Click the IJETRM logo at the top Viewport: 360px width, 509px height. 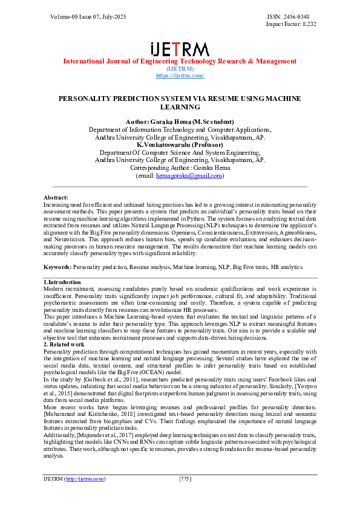pyautogui.click(x=179, y=48)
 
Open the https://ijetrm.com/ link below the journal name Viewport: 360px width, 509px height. pyautogui.click(x=180, y=75)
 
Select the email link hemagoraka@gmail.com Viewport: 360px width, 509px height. pyautogui.click(x=189, y=176)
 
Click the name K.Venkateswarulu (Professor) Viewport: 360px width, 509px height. pyautogui.click(x=180, y=145)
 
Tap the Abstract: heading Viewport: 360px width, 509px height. pyautogui.click(x=56, y=198)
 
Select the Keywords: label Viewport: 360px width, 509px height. pyautogui.click(x=59, y=267)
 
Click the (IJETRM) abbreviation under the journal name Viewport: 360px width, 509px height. pyautogui.click(x=180, y=68)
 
